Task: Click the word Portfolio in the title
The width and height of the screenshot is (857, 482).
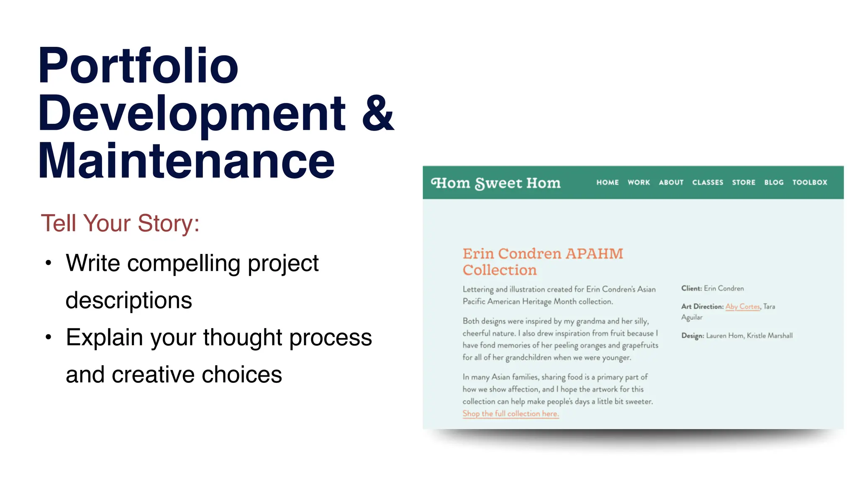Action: (138, 66)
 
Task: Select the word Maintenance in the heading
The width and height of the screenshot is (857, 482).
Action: (187, 161)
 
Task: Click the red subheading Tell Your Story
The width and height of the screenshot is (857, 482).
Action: (120, 223)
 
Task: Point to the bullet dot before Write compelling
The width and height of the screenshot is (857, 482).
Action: (49, 263)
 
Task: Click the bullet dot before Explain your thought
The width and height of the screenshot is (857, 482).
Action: (49, 337)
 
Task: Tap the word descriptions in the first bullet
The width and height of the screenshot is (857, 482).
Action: (129, 300)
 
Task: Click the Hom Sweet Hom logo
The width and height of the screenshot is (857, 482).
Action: (496, 183)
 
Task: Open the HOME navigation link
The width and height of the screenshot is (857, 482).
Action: (608, 182)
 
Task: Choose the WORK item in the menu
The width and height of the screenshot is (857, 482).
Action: (639, 182)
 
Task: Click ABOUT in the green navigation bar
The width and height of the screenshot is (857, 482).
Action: (671, 182)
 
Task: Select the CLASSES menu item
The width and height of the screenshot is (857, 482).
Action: (708, 182)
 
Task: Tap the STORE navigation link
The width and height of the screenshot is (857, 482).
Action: (744, 182)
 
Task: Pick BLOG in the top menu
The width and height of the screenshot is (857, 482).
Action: (774, 182)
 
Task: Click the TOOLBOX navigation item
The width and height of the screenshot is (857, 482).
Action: (810, 182)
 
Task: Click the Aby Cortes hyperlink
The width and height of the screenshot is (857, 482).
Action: (742, 306)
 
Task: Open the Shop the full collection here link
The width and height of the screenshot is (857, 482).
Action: (511, 413)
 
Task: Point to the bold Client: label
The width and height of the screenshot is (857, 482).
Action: (691, 288)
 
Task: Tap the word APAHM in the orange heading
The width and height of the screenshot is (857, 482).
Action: (594, 254)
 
